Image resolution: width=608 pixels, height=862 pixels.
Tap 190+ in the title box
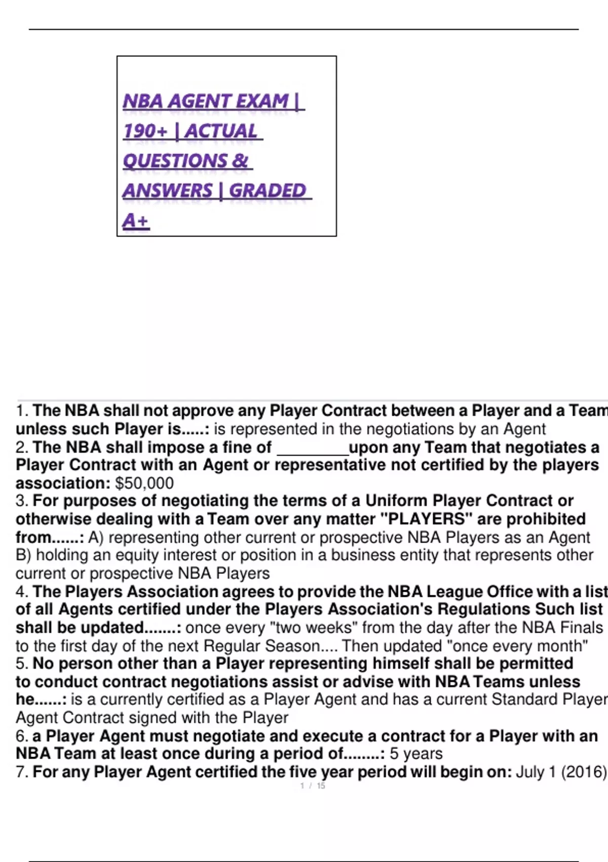coord(145,131)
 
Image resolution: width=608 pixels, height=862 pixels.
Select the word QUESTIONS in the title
coord(175,161)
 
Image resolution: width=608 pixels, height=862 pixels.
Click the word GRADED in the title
coord(268,191)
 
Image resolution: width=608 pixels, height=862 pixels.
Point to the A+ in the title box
coord(135,221)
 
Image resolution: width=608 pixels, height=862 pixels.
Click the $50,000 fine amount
coord(144,483)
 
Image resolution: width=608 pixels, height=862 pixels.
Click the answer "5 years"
coord(416,754)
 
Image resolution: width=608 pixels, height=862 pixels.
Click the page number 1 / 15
coord(313,786)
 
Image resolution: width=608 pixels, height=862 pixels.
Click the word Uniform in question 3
coord(397,501)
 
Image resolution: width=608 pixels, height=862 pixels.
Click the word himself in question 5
coord(403,664)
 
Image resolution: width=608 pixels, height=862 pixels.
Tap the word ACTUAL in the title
coord(221,131)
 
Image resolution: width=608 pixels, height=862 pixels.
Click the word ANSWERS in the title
coord(168,191)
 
